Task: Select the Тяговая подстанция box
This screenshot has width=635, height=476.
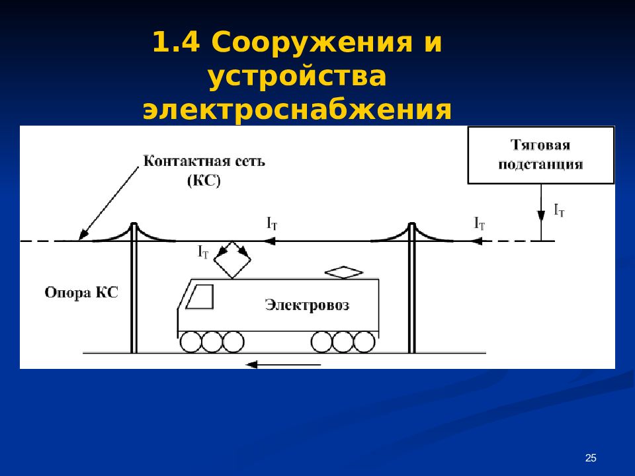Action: (541, 155)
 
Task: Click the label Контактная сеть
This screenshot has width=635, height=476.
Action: (204, 161)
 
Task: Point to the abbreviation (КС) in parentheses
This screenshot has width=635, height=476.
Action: (204, 180)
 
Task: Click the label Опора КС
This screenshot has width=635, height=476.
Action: (81, 292)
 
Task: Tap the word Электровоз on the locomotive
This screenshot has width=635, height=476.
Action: (307, 304)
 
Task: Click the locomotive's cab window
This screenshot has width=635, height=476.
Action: (200, 297)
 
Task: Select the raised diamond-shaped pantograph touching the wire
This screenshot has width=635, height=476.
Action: (232, 260)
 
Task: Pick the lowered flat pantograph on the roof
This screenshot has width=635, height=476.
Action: (344, 272)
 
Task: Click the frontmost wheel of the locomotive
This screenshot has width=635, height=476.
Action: (190, 342)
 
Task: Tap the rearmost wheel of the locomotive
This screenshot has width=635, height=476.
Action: (364, 342)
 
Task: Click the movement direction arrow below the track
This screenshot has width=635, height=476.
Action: (284, 365)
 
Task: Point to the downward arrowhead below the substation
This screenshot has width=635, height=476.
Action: (541, 216)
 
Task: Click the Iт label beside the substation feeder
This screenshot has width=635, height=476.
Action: (560, 211)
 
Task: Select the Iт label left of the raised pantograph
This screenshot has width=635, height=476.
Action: (203, 252)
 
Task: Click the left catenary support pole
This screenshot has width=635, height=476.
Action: (134, 288)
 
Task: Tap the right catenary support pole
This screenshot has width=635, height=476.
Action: (412, 288)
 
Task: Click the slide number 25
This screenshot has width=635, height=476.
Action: (591, 457)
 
